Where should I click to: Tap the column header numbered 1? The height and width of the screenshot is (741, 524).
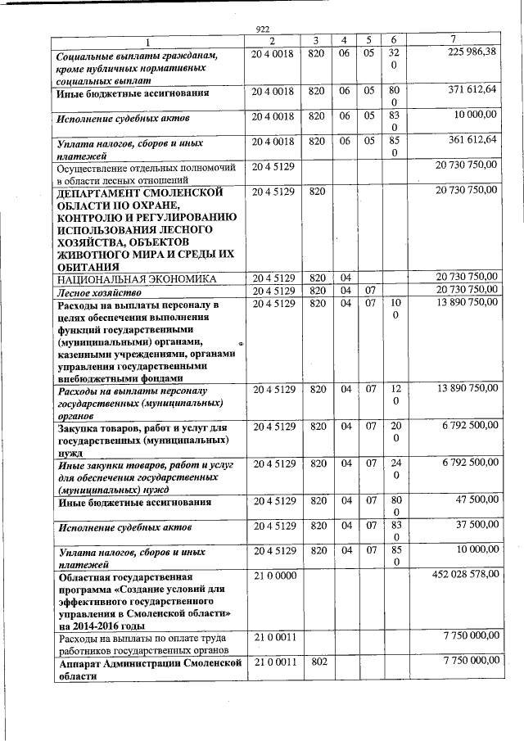[148, 42]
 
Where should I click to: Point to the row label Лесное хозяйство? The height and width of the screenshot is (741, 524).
[100, 291]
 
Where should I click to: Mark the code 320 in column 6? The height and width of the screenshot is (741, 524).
[394, 59]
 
